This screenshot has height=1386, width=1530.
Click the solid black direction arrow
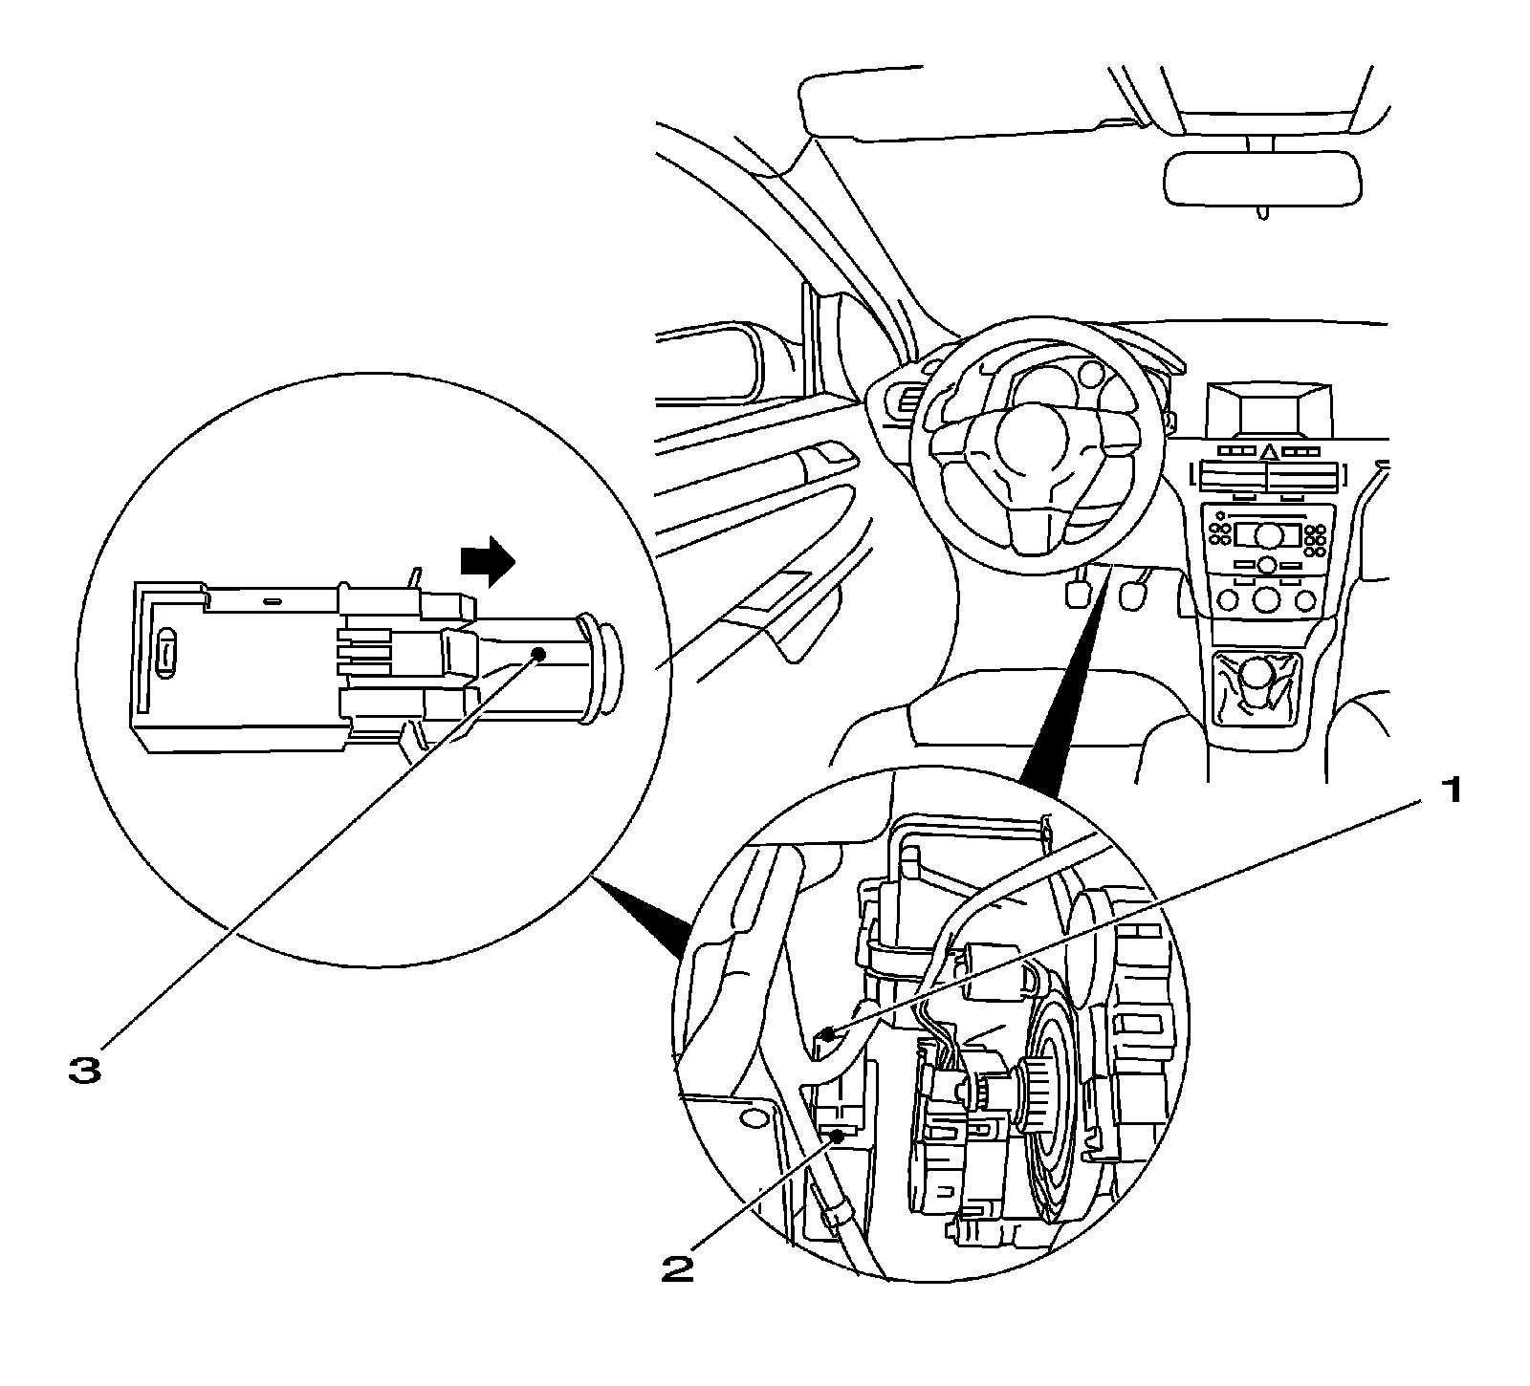pyautogui.click(x=487, y=560)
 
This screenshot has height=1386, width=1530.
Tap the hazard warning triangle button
pyautogui.click(x=1268, y=451)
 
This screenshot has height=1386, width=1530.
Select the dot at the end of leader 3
pyautogui.click(x=538, y=653)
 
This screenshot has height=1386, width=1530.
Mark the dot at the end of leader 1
pyautogui.click(x=829, y=1033)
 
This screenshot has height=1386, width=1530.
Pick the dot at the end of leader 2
pyautogui.click(x=839, y=1135)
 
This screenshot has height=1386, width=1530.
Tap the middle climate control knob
pyautogui.click(x=1268, y=599)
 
